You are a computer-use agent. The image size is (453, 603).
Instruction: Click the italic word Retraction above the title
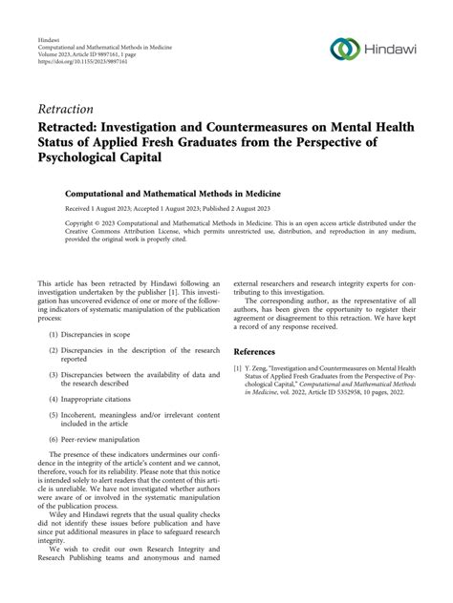[x=68, y=108]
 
